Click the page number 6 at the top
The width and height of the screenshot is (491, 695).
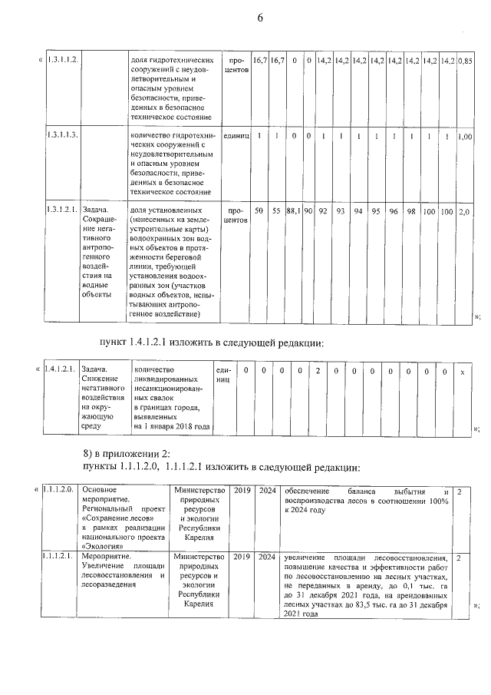click(x=260, y=18)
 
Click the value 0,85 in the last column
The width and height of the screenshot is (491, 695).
click(x=465, y=59)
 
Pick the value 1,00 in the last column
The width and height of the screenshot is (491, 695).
click(x=465, y=137)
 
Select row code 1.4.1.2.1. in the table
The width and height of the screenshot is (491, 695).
click(x=59, y=370)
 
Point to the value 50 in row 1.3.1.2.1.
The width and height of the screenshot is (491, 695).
click(x=259, y=210)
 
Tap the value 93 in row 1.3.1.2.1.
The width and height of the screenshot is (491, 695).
click(x=340, y=210)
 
